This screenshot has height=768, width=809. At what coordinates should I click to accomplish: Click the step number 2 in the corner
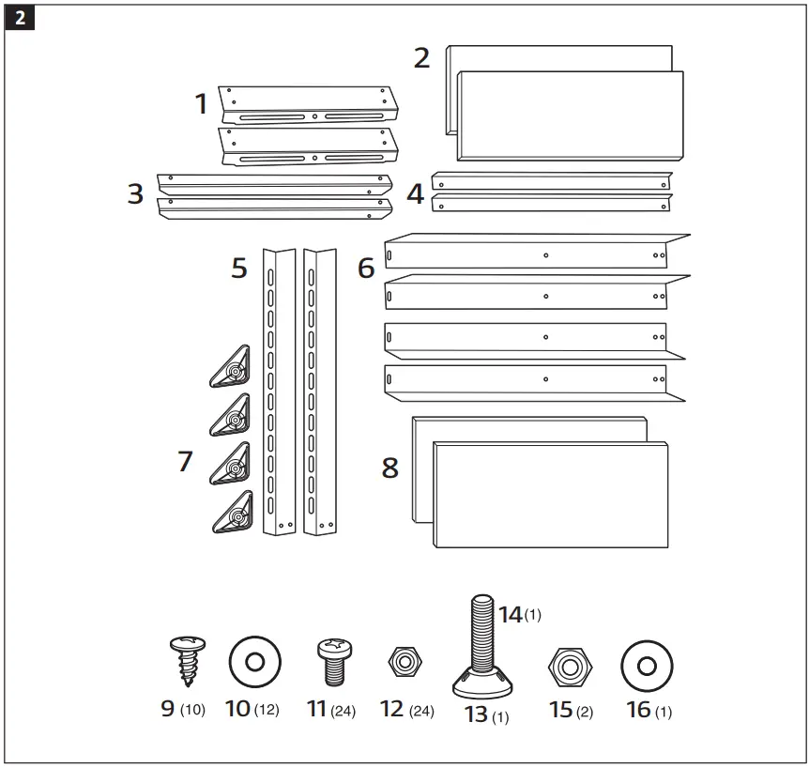tap(20, 20)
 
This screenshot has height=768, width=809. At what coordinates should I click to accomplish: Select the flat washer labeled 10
tap(254, 663)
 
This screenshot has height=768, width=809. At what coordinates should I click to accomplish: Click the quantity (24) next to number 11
tap(343, 712)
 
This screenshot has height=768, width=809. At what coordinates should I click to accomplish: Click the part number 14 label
tap(510, 615)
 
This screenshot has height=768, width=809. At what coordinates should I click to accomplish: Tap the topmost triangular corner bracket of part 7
tap(231, 367)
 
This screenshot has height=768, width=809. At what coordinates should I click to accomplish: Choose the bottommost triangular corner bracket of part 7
tap(231, 514)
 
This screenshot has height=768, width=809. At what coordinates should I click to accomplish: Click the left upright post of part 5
tap(279, 392)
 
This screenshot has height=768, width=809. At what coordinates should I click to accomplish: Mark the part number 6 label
tap(366, 269)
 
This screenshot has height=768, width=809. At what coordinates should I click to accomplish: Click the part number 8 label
tap(390, 467)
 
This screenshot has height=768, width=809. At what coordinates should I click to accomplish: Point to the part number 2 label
tap(422, 58)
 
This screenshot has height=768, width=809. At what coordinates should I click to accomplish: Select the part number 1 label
tap(201, 104)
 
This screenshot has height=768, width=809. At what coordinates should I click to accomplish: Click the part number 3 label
tap(136, 194)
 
